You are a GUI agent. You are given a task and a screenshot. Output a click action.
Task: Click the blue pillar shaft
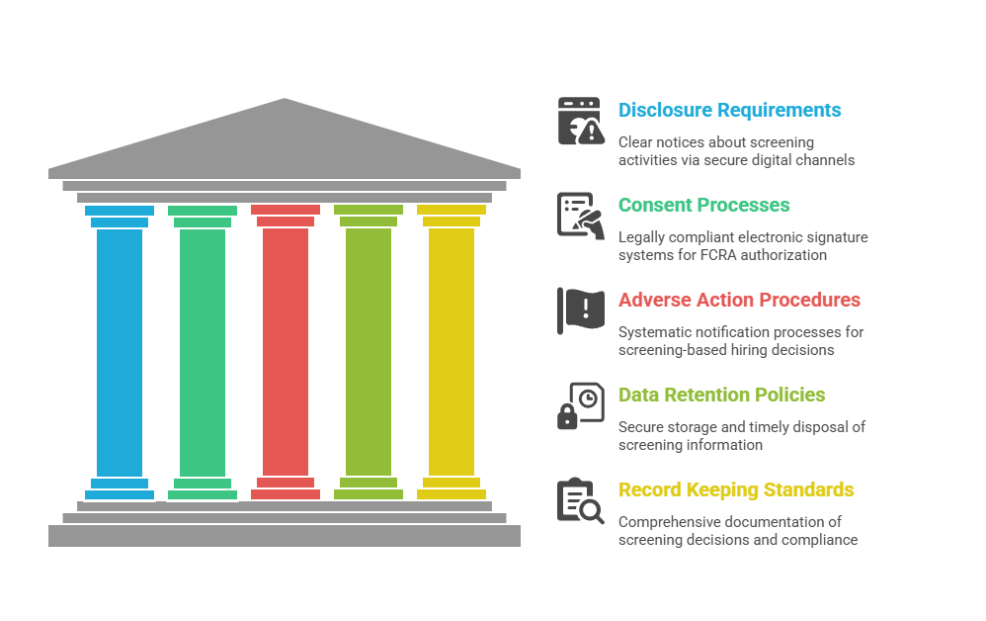(120, 352)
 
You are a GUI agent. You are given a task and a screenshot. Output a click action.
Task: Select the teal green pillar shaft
(203, 352)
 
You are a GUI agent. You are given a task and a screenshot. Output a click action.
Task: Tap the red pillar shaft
(286, 352)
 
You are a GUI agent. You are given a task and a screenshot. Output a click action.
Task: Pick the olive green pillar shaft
(369, 352)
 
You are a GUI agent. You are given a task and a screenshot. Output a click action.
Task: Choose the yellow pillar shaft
(452, 352)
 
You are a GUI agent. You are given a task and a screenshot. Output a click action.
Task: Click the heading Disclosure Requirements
(729, 110)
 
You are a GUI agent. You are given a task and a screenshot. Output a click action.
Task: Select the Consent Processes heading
(703, 205)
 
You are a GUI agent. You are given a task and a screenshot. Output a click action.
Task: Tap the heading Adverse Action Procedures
(739, 301)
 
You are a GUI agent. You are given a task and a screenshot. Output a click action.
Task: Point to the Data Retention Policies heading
(721, 395)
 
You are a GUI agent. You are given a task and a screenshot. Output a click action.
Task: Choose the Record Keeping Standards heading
(736, 489)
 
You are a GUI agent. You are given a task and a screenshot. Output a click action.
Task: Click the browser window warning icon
(581, 121)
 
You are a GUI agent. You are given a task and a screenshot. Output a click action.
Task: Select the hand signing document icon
(581, 216)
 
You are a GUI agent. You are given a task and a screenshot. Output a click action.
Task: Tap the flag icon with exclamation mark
(581, 310)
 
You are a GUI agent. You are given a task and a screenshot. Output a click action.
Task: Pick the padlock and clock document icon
(581, 405)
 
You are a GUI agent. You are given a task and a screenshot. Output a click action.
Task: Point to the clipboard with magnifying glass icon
(581, 500)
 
